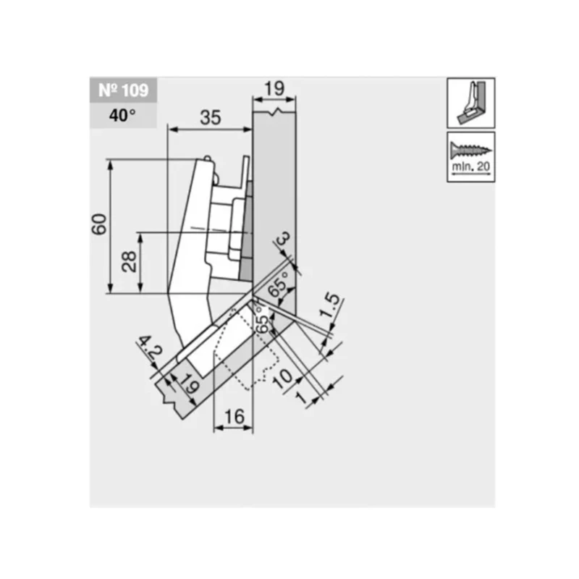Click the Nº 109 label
123,90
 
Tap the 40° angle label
122,116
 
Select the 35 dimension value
210,118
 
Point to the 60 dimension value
99,224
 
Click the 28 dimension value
130,261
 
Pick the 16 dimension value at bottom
234,417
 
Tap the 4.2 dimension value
151,347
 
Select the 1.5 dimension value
329,305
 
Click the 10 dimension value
282,379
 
